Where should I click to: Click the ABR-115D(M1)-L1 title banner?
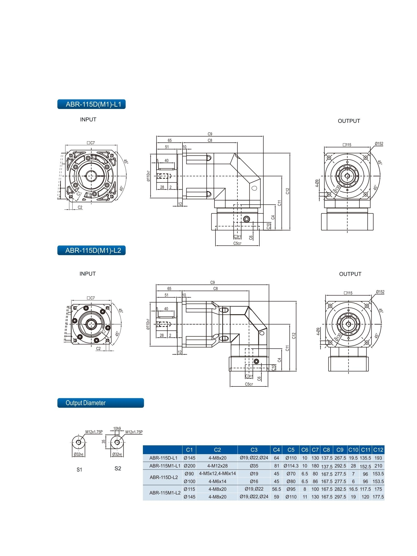(91, 104)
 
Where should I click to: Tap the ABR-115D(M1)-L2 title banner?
(91, 251)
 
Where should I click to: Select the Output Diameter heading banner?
(100, 403)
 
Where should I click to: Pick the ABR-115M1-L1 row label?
(165, 466)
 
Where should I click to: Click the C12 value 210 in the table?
(378, 466)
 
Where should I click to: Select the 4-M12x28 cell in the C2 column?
(217, 466)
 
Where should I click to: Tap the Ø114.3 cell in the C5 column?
(291, 466)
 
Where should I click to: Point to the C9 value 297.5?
(340, 497)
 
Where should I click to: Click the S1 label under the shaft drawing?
(79, 470)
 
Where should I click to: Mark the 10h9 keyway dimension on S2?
(117, 428)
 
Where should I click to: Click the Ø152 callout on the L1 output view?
(379, 144)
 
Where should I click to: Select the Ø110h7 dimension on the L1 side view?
(148, 176)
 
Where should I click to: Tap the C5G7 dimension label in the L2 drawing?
(249, 384)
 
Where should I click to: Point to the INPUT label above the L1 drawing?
(88, 120)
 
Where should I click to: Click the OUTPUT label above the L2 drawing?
(350, 274)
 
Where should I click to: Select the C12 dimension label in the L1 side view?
(288, 191)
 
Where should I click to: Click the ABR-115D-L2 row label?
(164, 477)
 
